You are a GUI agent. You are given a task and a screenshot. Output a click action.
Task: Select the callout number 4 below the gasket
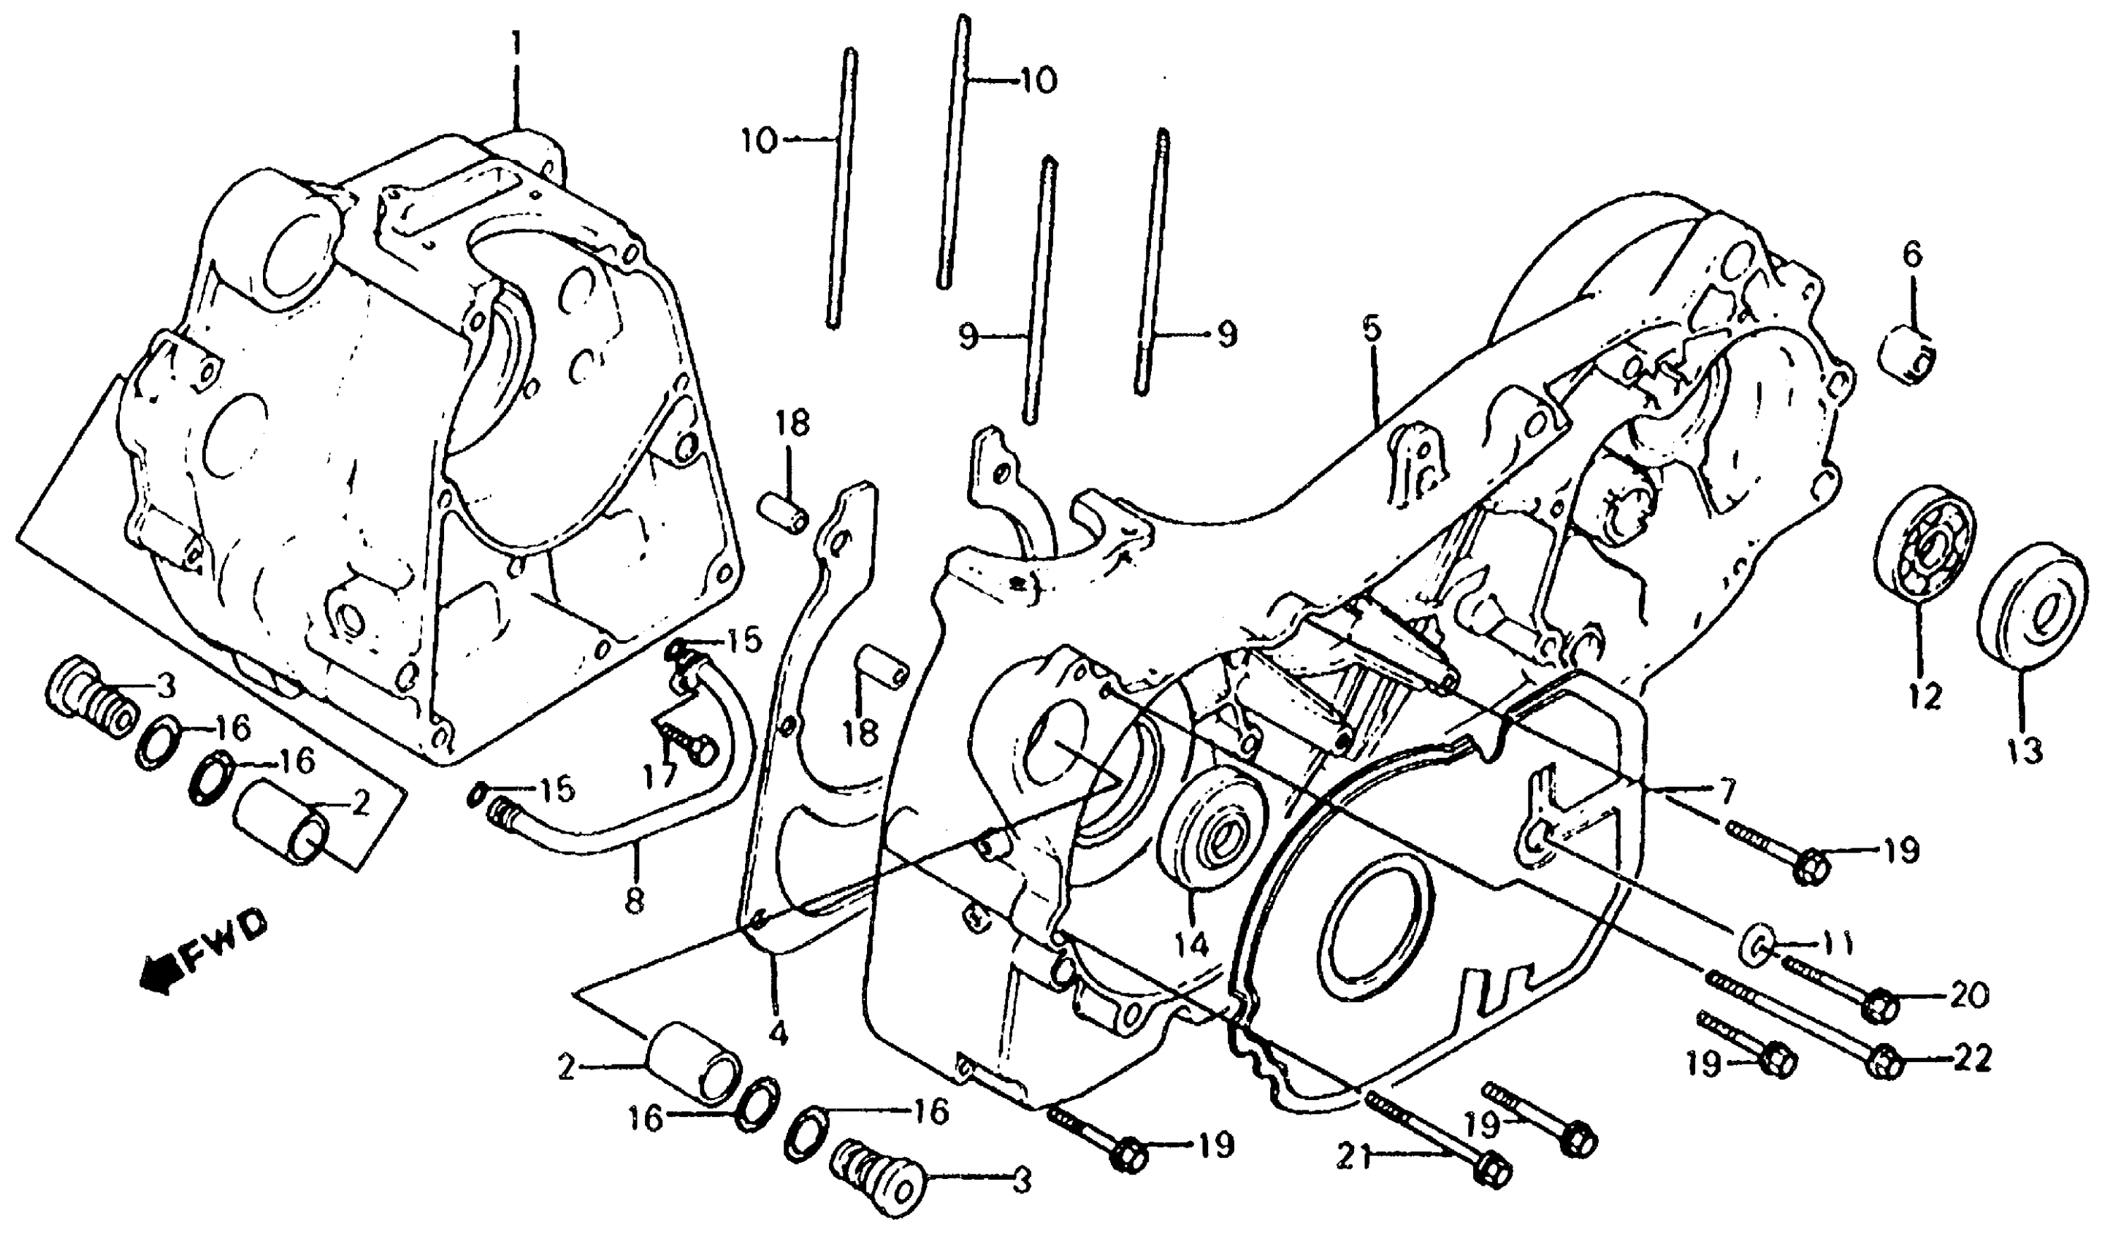tap(779, 1033)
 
